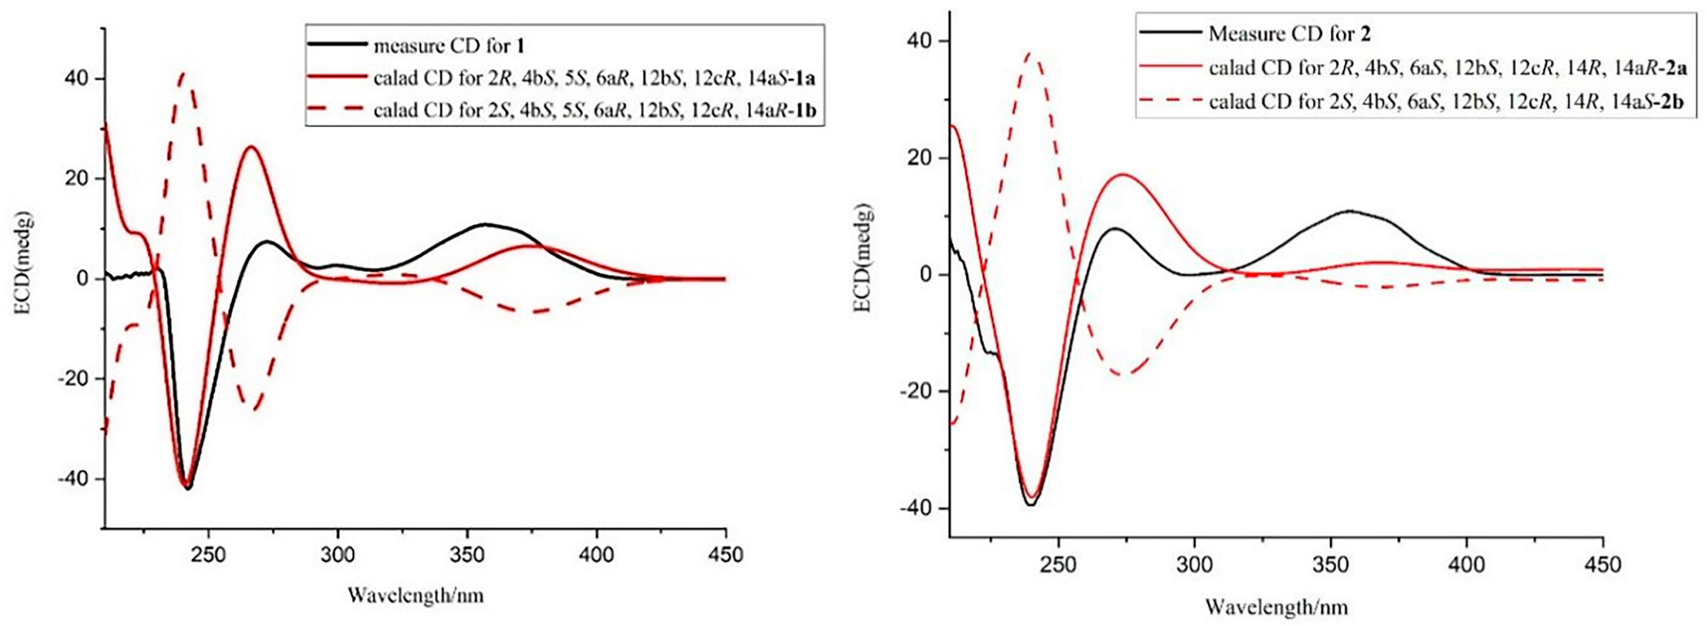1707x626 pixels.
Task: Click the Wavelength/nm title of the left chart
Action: pos(416,595)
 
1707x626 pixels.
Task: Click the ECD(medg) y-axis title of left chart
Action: pos(28,278)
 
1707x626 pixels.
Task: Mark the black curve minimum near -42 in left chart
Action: pos(188,488)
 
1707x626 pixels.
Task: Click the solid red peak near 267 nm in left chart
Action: pos(251,147)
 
